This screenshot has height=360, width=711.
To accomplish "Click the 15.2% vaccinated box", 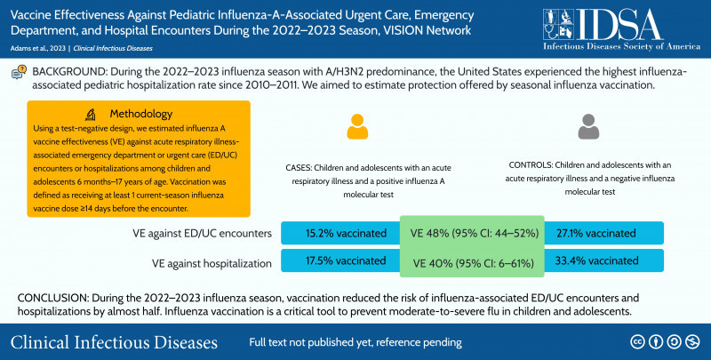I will [340, 233].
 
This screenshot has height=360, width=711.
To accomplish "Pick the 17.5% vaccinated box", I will [340, 260].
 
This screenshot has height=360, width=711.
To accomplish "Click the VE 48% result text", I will [471, 233].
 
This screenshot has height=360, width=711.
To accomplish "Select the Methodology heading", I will [146, 114].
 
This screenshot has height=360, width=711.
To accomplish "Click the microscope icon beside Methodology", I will [92, 114].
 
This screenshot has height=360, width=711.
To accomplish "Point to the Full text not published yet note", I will [355, 342].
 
